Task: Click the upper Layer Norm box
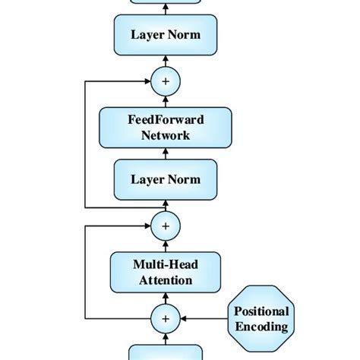[x=166, y=35]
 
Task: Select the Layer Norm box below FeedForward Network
[x=166, y=179]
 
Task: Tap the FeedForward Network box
[x=166, y=127]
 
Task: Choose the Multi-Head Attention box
[x=166, y=271]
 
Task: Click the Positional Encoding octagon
[x=261, y=318]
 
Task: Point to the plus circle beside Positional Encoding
[x=166, y=318]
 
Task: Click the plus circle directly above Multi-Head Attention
[x=166, y=226]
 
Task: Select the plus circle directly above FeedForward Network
[x=166, y=81]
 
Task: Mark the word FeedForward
[x=166, y=119]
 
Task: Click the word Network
[x=166, y=135]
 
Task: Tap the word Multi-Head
[x=166, y=264]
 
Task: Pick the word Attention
[x=166, y=280]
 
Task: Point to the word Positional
[x=261, y=311]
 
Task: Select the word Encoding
[x=261, y=327]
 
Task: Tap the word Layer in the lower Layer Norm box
[x=147, y=179]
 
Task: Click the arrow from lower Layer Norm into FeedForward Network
[x=166, y=153]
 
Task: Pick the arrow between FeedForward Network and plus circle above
[x=166, y=100]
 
